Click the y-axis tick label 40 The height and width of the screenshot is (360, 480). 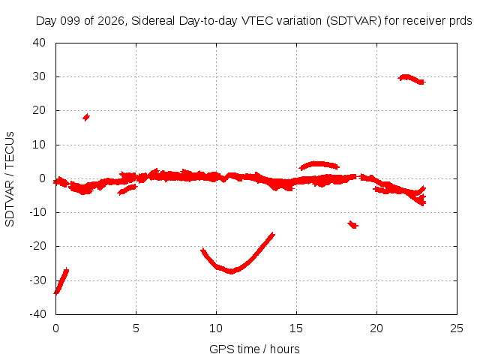tap(39, 43)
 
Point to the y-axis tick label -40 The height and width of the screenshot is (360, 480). tap(37, 314)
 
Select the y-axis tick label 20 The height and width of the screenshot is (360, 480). tap(39, 110)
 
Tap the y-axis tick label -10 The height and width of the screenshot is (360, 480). tap(37, 212)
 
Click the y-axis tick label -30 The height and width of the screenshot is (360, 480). tap(37, 280)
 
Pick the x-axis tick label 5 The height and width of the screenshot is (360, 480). tap(136, 328)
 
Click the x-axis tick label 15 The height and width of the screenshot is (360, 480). tap(296, 328)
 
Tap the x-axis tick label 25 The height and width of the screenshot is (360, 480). tap(457, 328)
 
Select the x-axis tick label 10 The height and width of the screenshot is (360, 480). tap(216, 328)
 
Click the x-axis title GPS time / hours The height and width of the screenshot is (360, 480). tap(254, 349)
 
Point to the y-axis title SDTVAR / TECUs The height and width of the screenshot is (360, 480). tap(10, 179)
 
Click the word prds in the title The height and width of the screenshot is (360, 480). tap(460, 21)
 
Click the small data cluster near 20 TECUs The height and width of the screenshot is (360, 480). tap(86, 117)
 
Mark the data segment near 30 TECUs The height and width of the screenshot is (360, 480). tap(411, 79)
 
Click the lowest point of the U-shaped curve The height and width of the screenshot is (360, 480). tap(231, 271)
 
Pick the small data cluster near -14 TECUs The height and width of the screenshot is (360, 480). tap(353, 225)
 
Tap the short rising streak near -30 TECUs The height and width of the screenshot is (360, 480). tap(61, 281)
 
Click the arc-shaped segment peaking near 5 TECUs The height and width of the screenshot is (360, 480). tap(319, 163)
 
